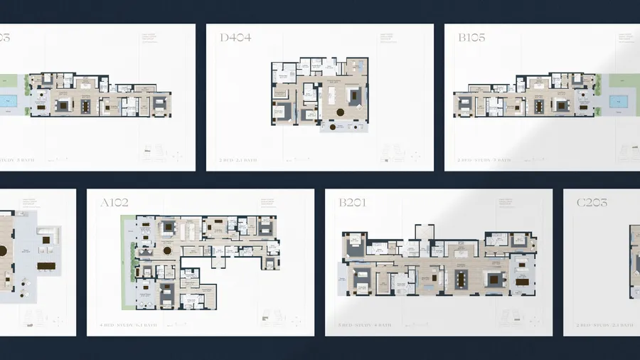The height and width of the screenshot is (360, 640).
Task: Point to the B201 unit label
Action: click(x=352, y=203)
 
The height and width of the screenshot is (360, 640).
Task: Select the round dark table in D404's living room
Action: click(x=340, y=112)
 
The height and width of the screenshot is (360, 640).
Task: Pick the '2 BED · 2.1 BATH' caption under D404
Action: click(x=238, y=160)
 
